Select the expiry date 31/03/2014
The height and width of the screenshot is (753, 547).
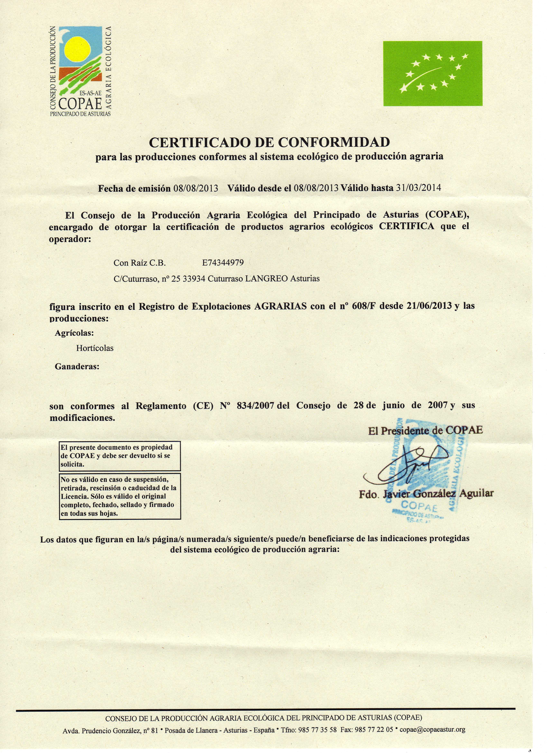pos(419,188)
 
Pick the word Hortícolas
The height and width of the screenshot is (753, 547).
pos(95,348)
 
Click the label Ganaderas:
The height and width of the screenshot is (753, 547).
pos(77,367)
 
